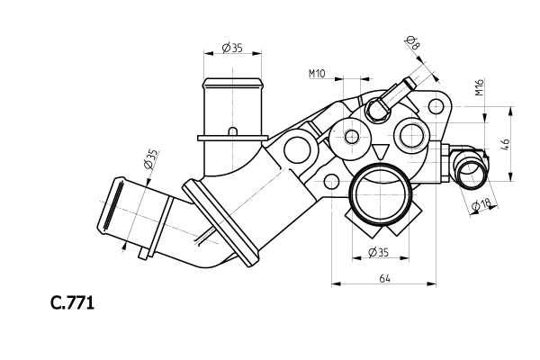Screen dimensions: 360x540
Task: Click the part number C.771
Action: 72,303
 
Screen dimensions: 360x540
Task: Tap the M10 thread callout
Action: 317,74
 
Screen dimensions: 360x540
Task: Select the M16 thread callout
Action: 480,87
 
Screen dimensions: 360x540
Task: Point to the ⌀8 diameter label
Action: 411,40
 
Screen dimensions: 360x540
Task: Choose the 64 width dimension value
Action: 384,279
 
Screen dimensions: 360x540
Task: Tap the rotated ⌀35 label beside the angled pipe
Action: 151,159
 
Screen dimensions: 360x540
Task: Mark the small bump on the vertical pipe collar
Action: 232,131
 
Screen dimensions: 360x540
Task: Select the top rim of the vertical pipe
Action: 232,83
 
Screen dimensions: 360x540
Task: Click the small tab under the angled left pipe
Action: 142,254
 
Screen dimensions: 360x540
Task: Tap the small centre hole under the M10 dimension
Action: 351,138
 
